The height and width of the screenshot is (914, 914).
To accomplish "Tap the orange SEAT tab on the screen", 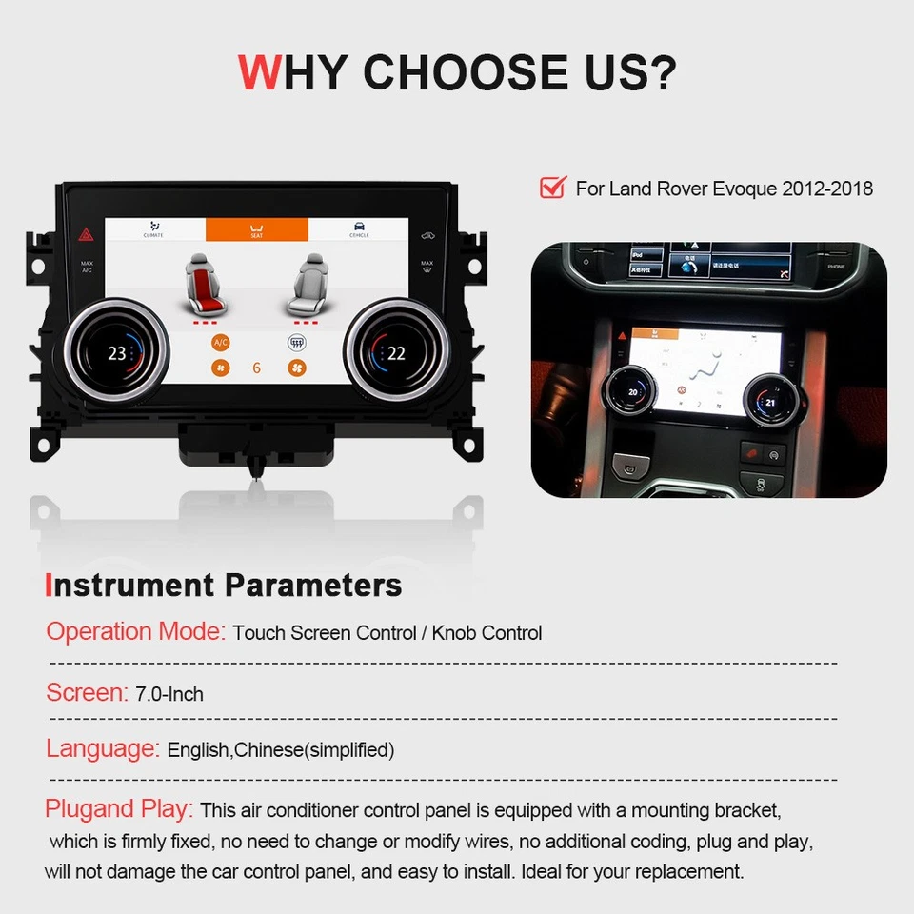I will pos(257,229).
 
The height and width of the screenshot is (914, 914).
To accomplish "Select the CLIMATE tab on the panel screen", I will pos(153,229).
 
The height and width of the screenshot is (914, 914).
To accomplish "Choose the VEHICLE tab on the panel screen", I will pos(359,229).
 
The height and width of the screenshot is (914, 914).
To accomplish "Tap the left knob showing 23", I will pos(117,353).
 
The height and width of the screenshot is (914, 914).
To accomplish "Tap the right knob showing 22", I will pos(395,353).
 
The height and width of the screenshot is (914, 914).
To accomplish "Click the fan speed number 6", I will pos(257,368).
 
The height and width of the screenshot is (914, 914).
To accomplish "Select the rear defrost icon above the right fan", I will pos(295,342).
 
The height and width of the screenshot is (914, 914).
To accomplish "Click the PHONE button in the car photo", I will pos(836,268).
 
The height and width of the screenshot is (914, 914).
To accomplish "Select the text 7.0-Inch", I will pos(169,694).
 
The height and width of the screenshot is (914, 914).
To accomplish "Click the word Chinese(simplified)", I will pos(314,750).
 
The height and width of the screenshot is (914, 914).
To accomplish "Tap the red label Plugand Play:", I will pos(119,809).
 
